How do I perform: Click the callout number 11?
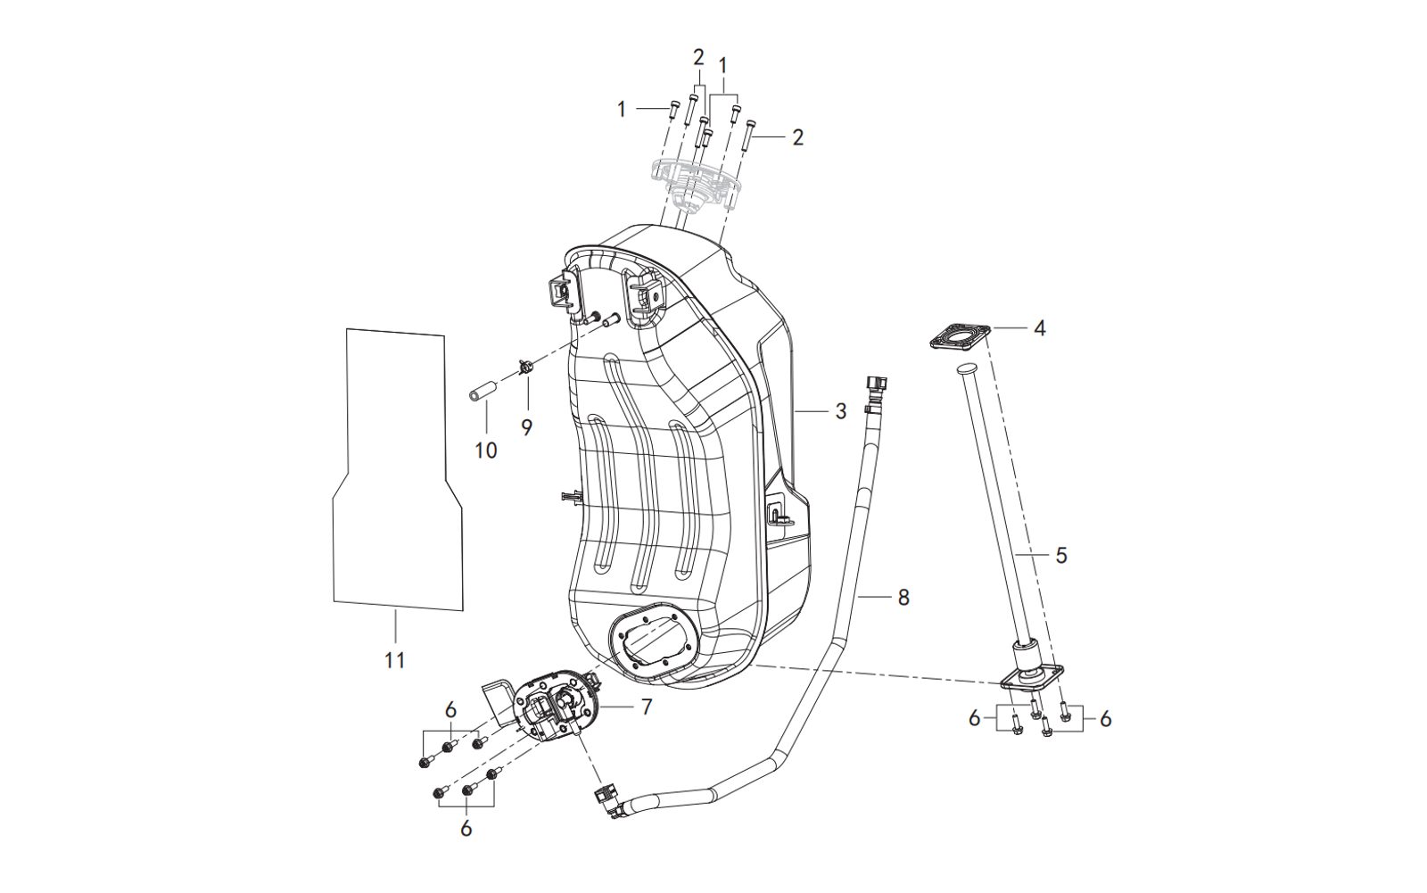tap(394, 661)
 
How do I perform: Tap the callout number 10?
tap(485, 451)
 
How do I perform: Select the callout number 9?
tap(527, 427)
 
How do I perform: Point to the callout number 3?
tap(840, 411)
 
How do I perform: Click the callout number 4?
tap(1039, 328)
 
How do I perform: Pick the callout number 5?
tap(1060, 555)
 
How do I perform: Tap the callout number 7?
tap(647, 707)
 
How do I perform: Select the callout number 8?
tap(903, 597)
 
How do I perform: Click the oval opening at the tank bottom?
tap(650, 640)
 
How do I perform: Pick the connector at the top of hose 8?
tap(876, 385)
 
